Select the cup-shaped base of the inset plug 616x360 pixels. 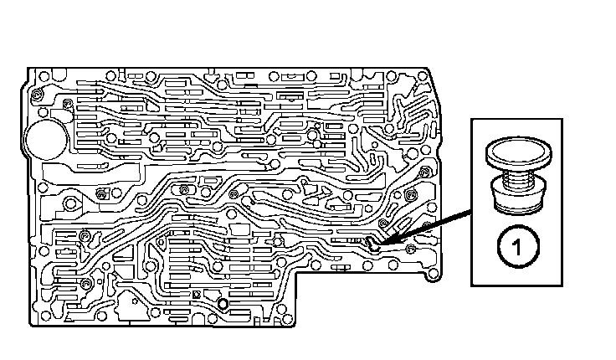(516, 201)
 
